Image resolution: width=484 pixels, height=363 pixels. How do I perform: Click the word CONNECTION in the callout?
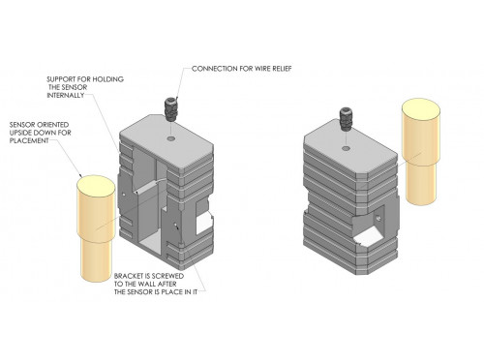[216, 69]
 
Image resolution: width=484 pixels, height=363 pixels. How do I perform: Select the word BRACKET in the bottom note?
[132, 274]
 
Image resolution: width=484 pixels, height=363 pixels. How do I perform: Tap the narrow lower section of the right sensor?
[422, 185]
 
